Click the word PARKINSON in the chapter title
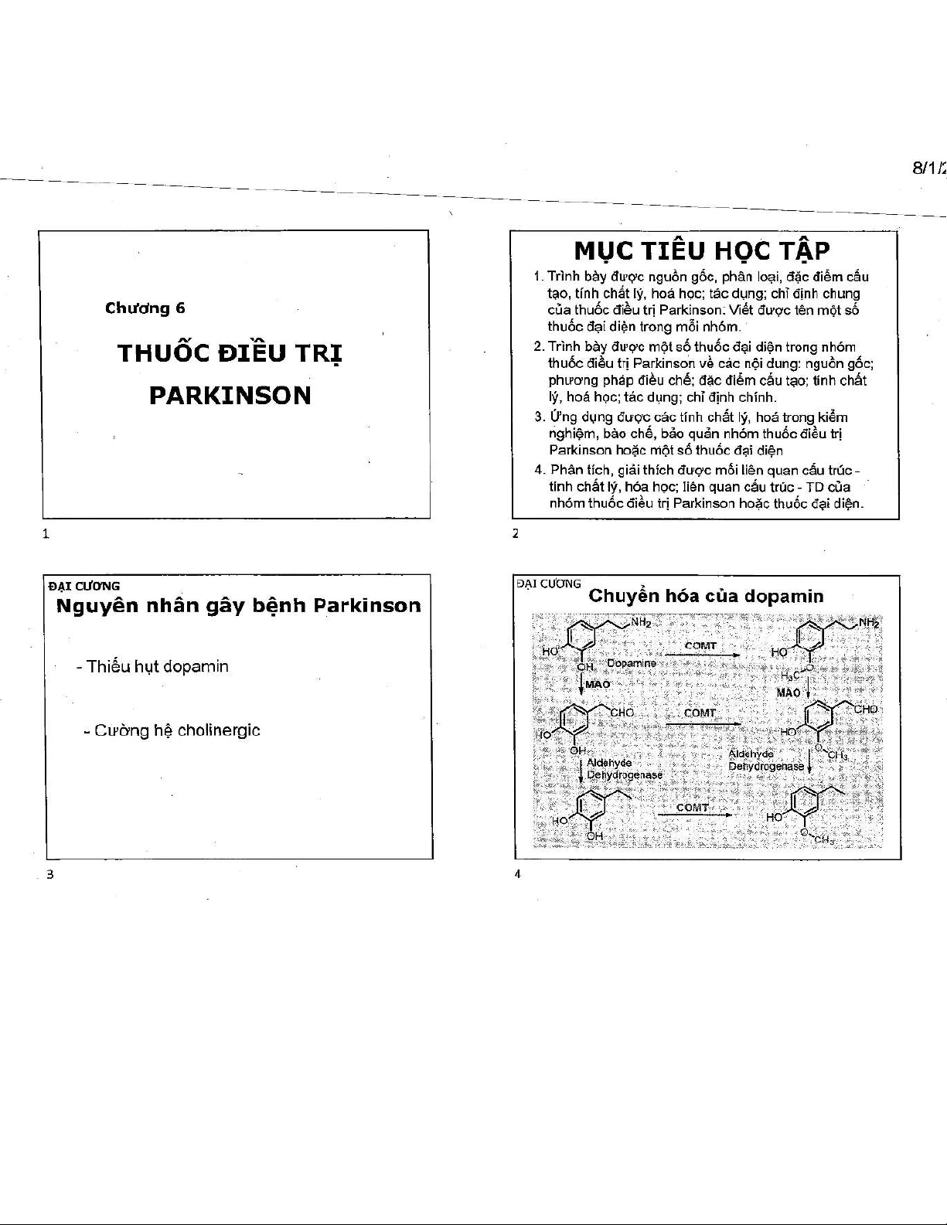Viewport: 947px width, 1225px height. click(x=230, y=396)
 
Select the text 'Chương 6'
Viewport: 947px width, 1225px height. click(x=145, y=308)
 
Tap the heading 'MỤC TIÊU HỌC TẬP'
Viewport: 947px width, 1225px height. click(x=702, y=251)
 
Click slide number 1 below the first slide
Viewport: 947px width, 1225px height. click(x=46, y=533)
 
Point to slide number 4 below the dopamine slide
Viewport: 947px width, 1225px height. click(x=516, y=873)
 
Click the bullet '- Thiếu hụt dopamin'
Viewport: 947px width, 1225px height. click(x=153, y=666)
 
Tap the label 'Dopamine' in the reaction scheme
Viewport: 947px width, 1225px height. click(x=631, y=663)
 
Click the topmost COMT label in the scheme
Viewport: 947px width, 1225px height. click(x=700, y=645)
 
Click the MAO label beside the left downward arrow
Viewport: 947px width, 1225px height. click(x=598, y=684)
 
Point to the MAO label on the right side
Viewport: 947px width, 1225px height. click(x=788, y=692)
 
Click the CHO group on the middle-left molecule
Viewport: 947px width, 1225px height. click(x=622, y=712)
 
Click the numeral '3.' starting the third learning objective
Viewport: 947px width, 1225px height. click(x=539, y=417)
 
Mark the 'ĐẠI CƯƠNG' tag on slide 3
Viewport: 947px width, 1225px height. click(x=83, y=585)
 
